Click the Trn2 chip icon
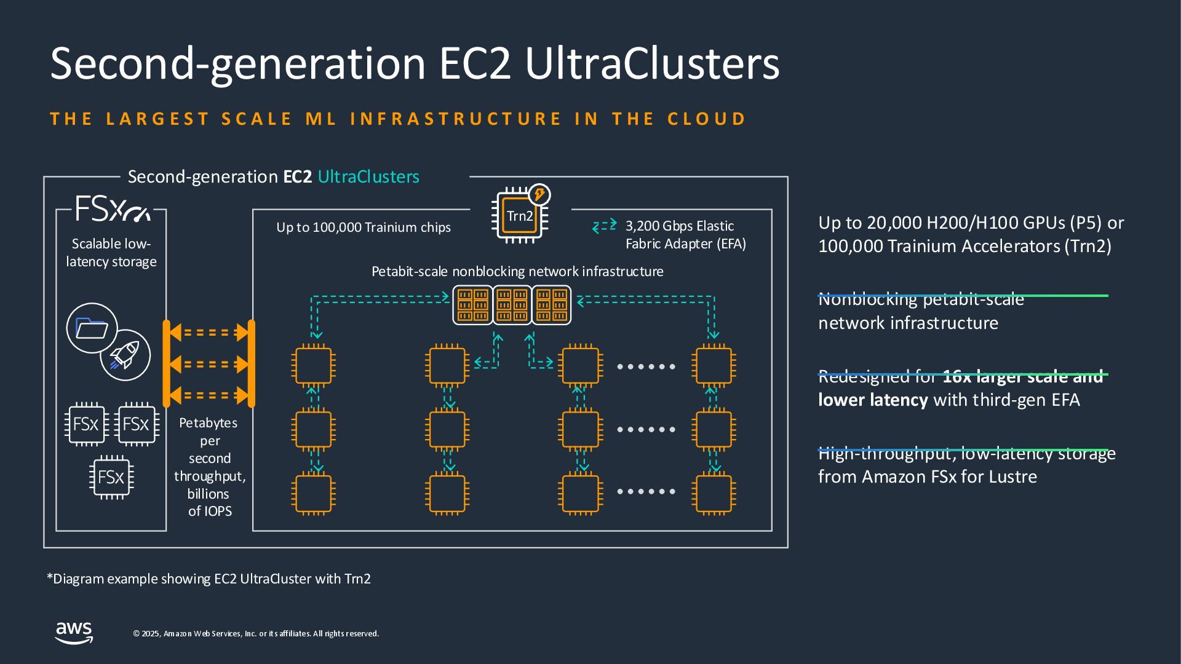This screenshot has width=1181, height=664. coord(520,215)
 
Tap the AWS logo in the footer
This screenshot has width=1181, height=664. coord(74,633)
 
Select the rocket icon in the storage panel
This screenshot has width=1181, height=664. coord(125,355)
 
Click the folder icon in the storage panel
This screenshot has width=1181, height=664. coord(92,328)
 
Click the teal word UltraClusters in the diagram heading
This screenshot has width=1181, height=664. coord(368,176)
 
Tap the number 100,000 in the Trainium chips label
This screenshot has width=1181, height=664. coord(336,227)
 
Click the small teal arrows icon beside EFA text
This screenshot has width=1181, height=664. coord(604,226)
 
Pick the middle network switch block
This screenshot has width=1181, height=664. coord(512,305)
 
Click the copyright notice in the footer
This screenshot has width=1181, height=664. coord(256,634)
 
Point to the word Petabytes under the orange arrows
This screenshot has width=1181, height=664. coord(208,423)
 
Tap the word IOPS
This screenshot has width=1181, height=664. coord(218,512)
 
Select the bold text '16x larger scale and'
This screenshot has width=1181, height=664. coord(1022,377)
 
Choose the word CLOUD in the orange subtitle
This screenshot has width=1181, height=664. coord(707,119)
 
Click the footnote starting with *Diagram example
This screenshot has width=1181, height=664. coord(209,579)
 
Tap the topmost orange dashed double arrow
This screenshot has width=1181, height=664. coord(209,333)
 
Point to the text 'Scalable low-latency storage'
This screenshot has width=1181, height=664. coord(111,253)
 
